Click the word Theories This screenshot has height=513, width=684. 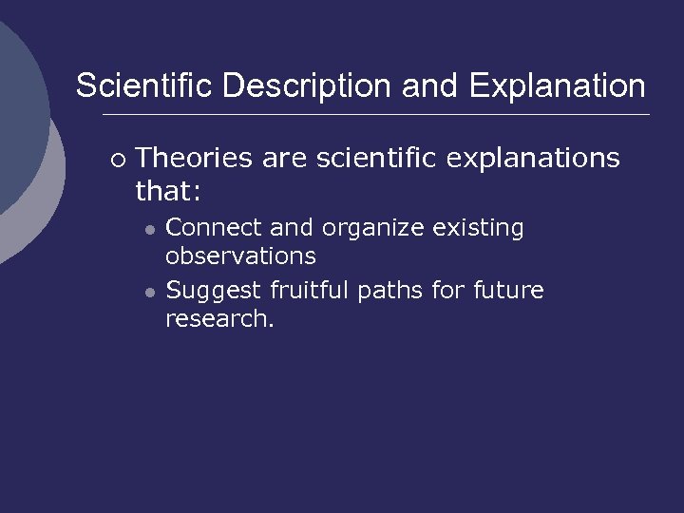195,158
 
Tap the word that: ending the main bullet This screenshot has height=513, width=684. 168,191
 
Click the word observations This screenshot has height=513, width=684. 240,256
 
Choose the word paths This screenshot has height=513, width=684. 391,291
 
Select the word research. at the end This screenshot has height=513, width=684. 219,318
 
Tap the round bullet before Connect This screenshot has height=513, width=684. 149,230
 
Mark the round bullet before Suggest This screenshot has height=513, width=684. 149,292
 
